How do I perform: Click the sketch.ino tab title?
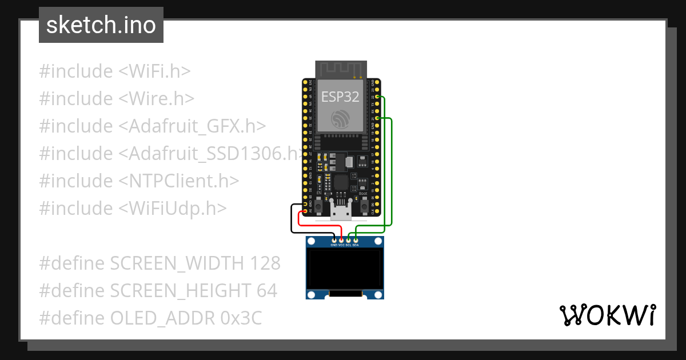tap(101, 25)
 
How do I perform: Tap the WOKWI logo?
tap(607, 315)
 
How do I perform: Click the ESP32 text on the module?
tap(340, 97)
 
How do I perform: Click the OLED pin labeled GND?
tap(335, 240)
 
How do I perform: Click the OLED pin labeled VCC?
tap(342, 240)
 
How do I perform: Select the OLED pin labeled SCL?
tap(349, 240)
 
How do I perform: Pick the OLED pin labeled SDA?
tap(356, 240)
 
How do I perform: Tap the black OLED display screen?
tap(344, 267)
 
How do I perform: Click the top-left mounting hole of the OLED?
tap(311, 242)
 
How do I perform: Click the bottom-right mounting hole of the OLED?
tap(377, 294)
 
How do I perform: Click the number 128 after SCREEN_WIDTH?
tap(265, 263)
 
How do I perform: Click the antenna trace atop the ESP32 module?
tap(341, 70)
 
